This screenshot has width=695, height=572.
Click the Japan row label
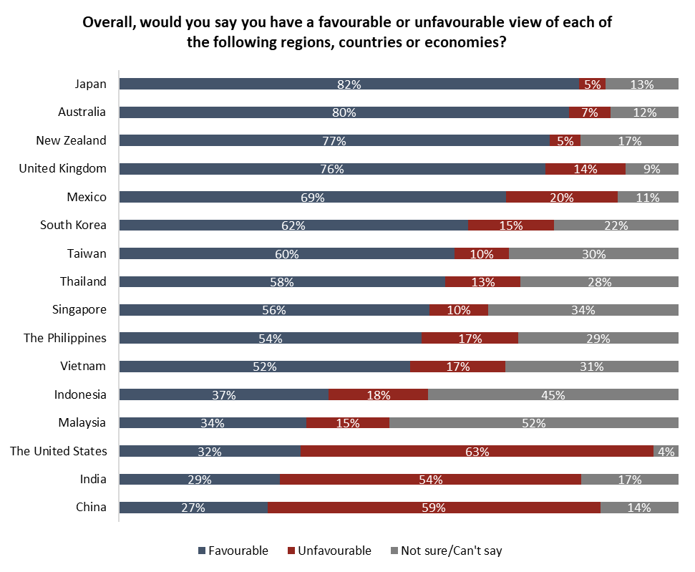click(91, 84)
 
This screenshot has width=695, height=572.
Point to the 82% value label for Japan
click(349, 84)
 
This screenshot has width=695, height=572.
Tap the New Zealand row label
click(71, 140)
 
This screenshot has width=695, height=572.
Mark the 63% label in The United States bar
click(477, 452)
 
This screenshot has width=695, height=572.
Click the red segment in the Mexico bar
click(562, 197)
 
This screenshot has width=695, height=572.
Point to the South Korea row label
click(73, 225)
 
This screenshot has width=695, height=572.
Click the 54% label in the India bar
click(431, 480)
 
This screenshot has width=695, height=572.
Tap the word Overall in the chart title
click(110, 22)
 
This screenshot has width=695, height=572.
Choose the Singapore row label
click(79, 309)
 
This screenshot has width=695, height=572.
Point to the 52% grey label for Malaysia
click(534, 423)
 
